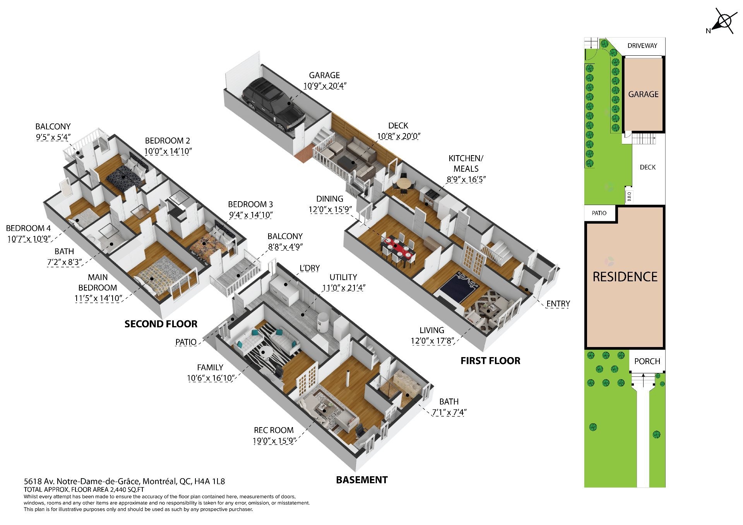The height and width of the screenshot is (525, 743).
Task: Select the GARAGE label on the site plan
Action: (643, 94)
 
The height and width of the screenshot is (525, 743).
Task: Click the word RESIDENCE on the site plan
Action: (625, 277)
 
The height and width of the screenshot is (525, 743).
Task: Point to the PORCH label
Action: (647, 361)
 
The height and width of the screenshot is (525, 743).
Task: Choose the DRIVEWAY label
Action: (642, 46)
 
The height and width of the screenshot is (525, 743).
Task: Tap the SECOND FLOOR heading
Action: (161, 324)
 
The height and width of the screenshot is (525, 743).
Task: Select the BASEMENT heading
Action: (362, 480)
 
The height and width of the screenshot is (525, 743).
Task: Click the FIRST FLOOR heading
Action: (490, 361)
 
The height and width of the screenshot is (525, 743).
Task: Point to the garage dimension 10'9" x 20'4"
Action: (324, 86)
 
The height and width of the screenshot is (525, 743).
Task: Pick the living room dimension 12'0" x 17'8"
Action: (432, 341)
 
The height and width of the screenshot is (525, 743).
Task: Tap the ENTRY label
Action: (558, 304)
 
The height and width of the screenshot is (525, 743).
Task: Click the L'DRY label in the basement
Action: (310, 268)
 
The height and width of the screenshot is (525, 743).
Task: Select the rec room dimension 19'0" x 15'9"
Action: (274, 441)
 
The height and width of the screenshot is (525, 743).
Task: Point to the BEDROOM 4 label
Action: (28, 228)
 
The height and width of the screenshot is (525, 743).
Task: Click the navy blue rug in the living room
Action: (461, 285)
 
